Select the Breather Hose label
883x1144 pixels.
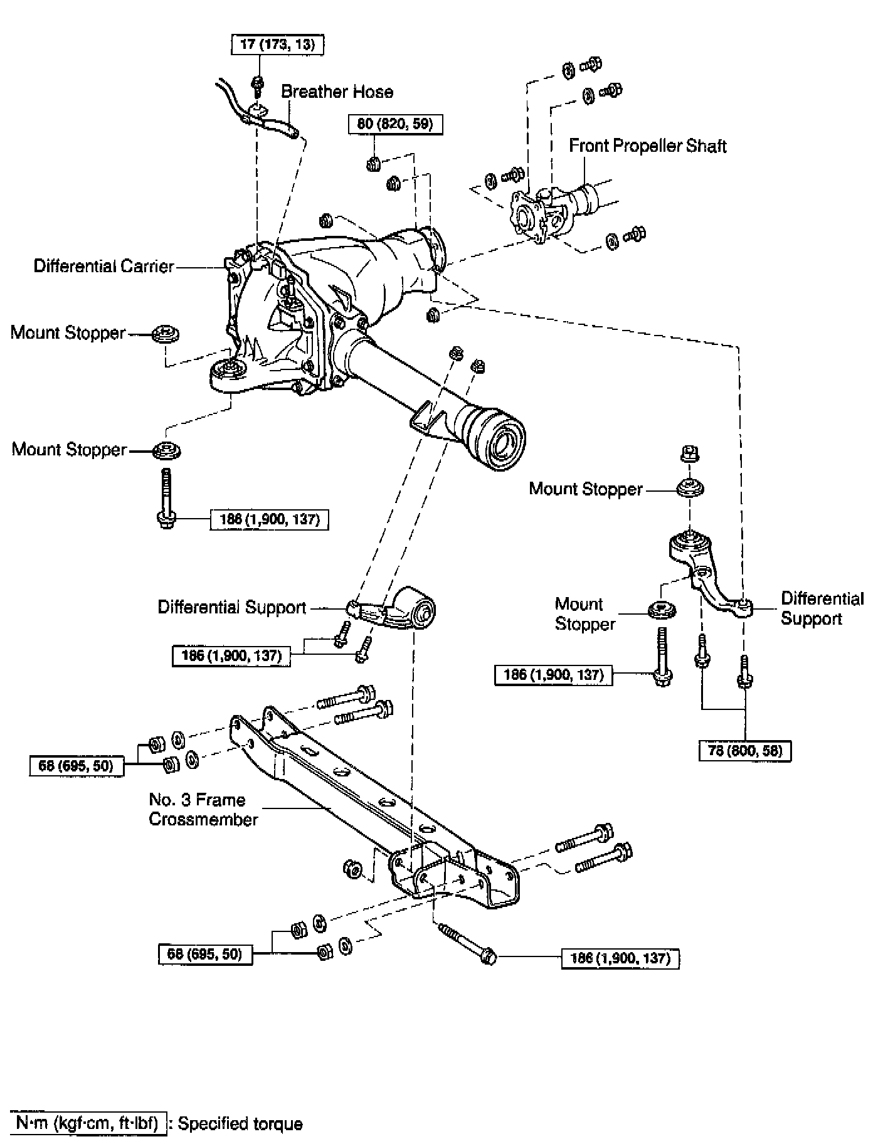coord(337,92)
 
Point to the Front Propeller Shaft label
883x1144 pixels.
coord(647,146)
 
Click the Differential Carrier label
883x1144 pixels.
coord(103,267)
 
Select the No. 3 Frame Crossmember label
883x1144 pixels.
coord(203,810)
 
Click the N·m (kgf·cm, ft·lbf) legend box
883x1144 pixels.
coord(88,1123)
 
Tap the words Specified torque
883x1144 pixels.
coord(240,1124)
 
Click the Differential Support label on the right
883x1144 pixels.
coord(822,608)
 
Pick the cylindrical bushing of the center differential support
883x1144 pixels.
coord(421,608)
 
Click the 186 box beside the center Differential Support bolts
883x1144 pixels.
coord(231,656)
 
